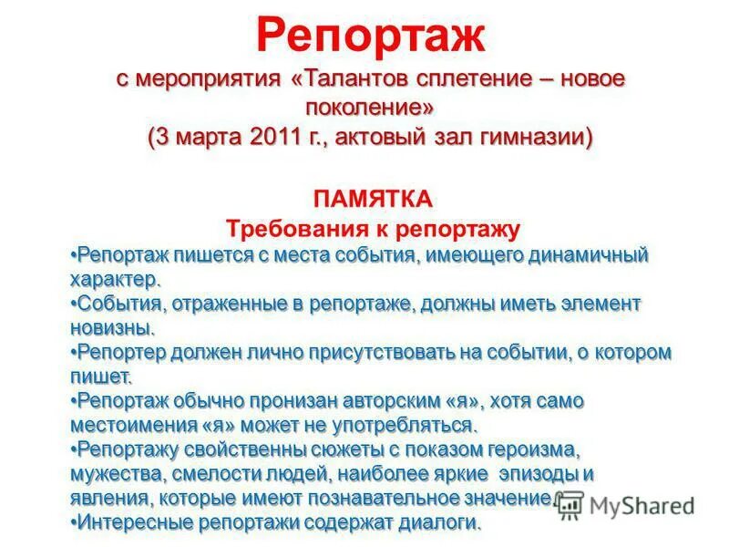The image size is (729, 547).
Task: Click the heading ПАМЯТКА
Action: (x=372, y=198)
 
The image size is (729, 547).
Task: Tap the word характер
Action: (x=116, y=278)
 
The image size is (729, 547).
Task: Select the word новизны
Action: (x=110, y=327)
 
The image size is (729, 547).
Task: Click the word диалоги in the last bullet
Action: (x=442, y=523)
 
